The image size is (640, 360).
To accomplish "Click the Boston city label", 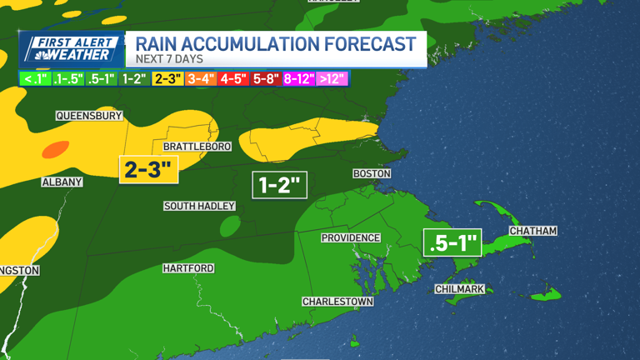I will (x=372, y=173).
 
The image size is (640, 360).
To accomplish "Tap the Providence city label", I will (x=351, y=237).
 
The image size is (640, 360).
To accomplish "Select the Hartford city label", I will (x=188, y=268).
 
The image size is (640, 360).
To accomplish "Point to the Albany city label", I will (x=62, y=182).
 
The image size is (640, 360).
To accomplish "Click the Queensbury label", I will (x=89, y=116).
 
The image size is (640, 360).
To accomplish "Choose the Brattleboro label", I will (x=197, y=147).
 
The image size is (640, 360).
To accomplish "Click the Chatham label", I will (x=532, y=230).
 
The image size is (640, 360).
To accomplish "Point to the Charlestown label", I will (x=337, y=301).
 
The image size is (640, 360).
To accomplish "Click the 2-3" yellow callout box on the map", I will (x=148, y=169).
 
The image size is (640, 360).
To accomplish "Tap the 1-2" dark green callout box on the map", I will (x=280, y=184).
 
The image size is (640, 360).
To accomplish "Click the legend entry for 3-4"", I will (x=200, y=79).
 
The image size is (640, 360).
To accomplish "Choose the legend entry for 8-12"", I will (x=298, y=79).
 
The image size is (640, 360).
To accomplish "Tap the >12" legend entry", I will (x=332, y=79).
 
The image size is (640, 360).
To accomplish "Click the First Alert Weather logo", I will (x=72, y=50).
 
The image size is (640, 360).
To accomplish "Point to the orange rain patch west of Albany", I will (x=55, y=150).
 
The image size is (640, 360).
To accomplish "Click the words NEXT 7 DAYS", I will (x=169, y=60).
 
